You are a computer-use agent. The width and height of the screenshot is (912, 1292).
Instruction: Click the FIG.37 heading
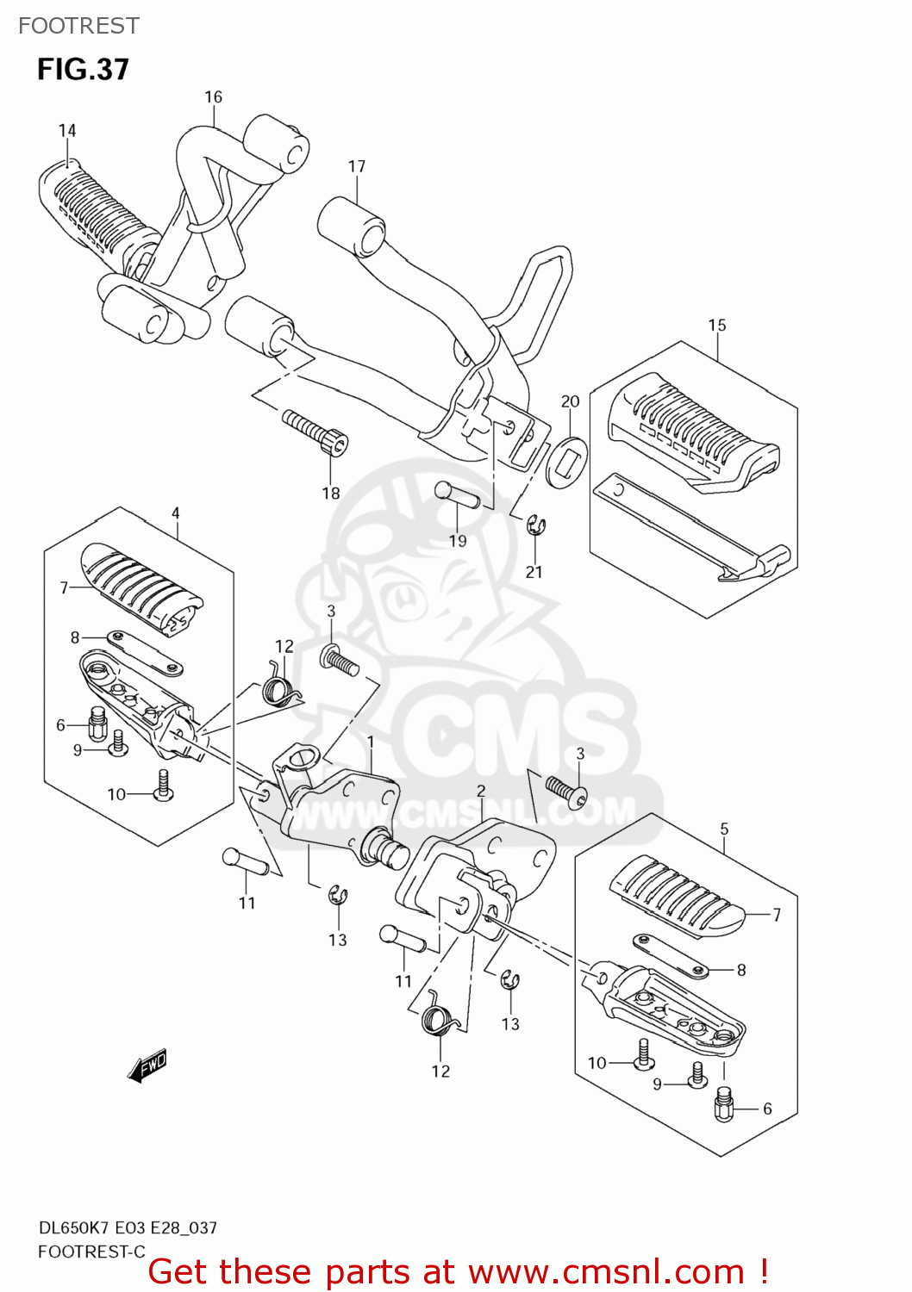(x=83, y=69)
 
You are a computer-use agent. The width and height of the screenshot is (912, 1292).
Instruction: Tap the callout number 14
(x=67, y=130)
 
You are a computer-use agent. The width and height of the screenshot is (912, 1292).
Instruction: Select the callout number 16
(x=213, y=97)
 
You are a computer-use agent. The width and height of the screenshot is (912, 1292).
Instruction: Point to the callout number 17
(x=357, y=166)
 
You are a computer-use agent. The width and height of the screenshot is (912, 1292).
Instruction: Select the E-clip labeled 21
(x=536, y=525)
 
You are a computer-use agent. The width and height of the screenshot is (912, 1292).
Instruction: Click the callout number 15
(x=717, y=325)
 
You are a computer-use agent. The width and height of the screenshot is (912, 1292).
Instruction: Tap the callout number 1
(x=371, y=742)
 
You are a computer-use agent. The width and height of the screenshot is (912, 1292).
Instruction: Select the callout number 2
(x=481, y=791)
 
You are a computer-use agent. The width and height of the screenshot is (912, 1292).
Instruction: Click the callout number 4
(x=176, y=513)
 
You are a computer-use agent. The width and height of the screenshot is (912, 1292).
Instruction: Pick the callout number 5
(x=724, y=829)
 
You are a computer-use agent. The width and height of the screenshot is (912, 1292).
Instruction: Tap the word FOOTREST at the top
(x=78, y=26)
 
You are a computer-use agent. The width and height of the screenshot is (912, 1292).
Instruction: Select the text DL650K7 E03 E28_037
(x=128, y=1227)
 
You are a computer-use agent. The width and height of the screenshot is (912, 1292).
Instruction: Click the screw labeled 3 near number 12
(x=338, y=660)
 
